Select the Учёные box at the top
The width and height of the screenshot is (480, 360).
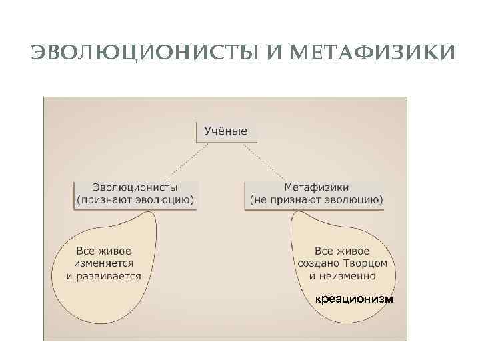click(225, 131)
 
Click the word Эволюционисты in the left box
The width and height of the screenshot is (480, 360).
click(135, 187)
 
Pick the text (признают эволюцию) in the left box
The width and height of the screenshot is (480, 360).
click(135, 199)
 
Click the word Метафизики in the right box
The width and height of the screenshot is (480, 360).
click(316, 187)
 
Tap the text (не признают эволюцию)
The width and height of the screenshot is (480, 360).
click(316, 199)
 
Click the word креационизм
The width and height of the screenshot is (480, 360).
click(354, 299)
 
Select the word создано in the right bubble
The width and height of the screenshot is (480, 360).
click(321, 263)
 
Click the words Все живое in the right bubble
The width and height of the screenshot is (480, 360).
click(342, 251)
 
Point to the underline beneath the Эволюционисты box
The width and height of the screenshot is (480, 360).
click(135, 209)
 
